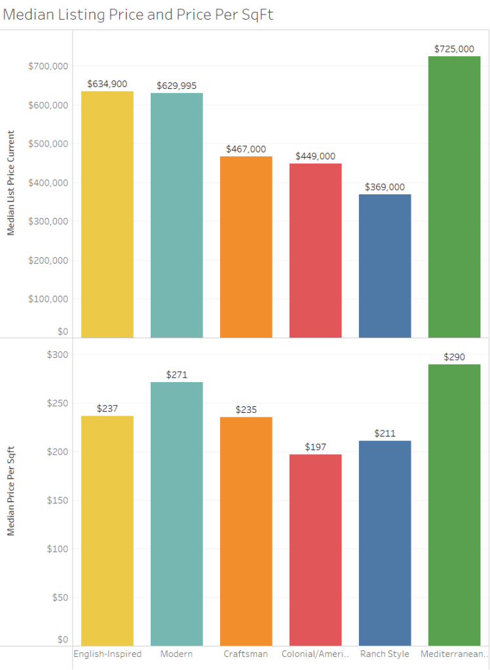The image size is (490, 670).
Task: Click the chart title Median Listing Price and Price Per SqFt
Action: [x=138, y=15]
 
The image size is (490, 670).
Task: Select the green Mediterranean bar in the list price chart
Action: [x=454, y=196]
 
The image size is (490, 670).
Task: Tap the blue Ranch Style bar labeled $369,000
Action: [x=385, y=266]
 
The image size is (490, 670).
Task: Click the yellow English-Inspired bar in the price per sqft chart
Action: [x=107, y=531]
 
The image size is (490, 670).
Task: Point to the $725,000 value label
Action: [x=454, y=49]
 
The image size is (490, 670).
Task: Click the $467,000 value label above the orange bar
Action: [x=246, y=149]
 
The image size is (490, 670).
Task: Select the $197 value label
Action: [x=315, y=447]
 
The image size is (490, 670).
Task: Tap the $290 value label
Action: [x=454, y=357]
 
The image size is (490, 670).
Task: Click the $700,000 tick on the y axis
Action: [x=48, y=66]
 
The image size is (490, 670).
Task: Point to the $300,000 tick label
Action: [x=48, y=221]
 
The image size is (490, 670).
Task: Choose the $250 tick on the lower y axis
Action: [x=57, y=403]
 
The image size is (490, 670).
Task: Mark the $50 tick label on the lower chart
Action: [x=60, y=597]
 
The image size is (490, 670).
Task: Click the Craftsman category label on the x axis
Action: [x=246, y=654]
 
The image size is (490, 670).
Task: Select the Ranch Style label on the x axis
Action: [x=385, y=654]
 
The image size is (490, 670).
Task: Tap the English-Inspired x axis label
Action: [x=107, y=654]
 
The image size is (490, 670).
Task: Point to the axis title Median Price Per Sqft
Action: [x=11, y=491]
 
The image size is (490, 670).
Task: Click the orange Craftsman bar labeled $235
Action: [x=246, y=531]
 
